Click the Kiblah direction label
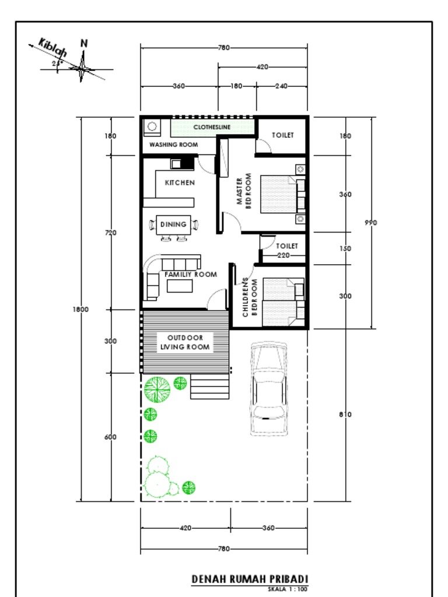(x=52, y=48)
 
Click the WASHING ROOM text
(x=173, y=145)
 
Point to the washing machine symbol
(x=153, y=126)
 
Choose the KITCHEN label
(x=180, y=182)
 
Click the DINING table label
(x=173, y=224)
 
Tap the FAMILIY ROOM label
(x=190, y=274)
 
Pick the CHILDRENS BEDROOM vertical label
(x=250, y=297)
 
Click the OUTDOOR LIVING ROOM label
(x=185, y=342)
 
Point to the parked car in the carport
(x=268, y=388)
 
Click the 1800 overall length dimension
(x=80, y=310)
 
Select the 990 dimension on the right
(x=370, y=222)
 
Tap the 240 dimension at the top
(x=281, y=86)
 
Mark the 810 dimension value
(x=345, y=415)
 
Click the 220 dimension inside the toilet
(x=283, y=255)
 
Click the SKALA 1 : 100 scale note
(x=287, y=589)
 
